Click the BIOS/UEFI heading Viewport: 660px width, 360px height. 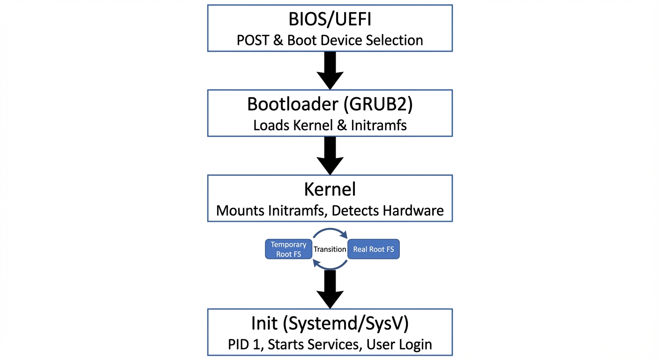[330, 20]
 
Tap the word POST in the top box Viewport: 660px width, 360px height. [253, 40]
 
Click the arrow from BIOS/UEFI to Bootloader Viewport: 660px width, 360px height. [330, 70]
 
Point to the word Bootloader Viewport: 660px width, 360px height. [293, 105]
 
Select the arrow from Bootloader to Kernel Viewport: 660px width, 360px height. [330, 156]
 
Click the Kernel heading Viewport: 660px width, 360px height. [330, 189]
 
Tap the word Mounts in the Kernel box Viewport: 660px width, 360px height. [240, 210]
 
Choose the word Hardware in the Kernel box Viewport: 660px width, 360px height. [413, 210]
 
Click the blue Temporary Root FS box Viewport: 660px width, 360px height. [289, 249]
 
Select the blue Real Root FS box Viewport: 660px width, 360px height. [373, 249]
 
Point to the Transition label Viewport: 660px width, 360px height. [330, 249]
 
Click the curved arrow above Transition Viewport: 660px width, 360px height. [330, 230]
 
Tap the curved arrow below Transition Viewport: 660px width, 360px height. [330, 268]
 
